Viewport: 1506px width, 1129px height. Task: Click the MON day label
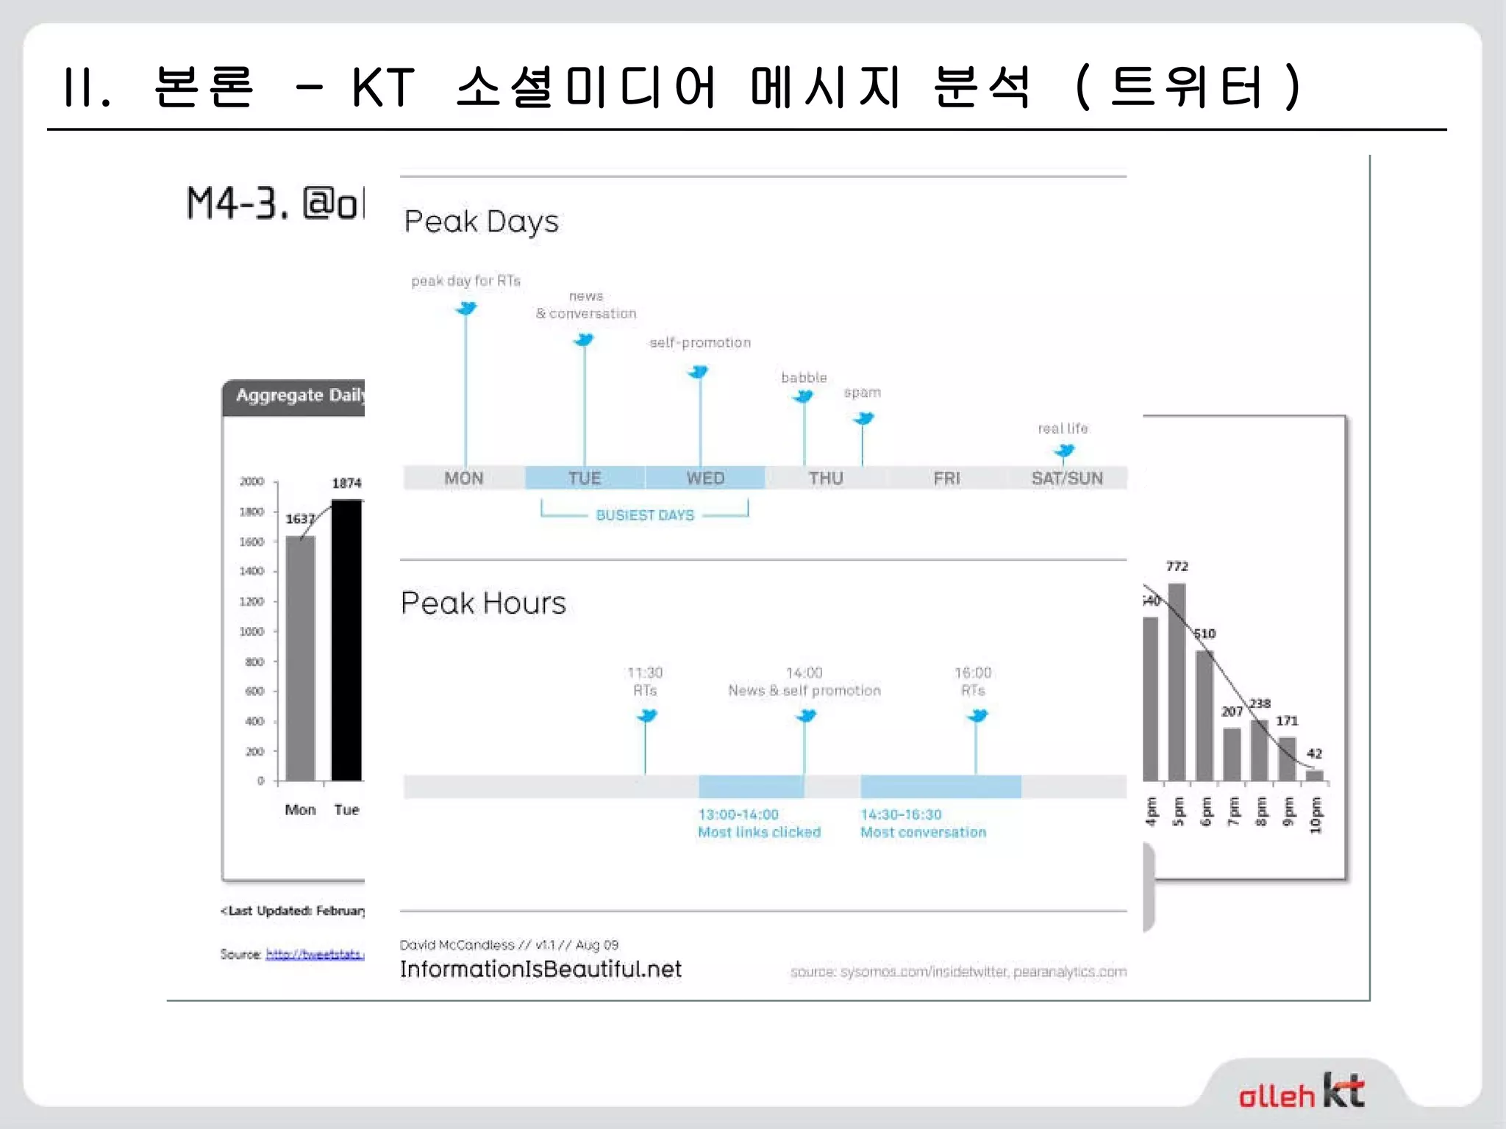coord(463,479)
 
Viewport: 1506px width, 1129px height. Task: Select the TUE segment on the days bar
coord(585,479)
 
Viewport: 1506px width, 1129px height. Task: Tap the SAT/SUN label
coord(1067,479)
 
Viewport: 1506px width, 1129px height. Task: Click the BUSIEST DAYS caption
coord(645,515)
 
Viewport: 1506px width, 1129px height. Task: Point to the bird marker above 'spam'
coord(863,419)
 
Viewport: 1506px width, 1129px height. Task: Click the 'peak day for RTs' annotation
coord(465,281)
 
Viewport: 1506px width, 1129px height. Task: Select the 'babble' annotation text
coord(804,378)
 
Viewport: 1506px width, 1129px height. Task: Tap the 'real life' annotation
coord(1063,429)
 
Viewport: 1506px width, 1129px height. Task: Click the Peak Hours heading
coord(483,603)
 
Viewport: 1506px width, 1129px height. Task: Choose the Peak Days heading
coord(482,221)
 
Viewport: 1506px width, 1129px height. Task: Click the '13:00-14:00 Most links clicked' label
coord(759,823)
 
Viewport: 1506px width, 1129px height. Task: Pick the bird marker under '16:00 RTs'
coord(977,715)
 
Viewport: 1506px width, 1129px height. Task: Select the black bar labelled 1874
coord(347,639)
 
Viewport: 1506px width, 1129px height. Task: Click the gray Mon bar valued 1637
coord(300,658)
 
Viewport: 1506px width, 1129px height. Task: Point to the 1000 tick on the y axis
coord(251,631)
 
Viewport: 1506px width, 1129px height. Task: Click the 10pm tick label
coord(1316,816)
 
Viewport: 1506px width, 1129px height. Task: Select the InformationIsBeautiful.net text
coord(540,969)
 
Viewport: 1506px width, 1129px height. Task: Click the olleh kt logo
coord(1301,1092)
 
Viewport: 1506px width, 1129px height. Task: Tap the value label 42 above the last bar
coord(1314,753)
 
